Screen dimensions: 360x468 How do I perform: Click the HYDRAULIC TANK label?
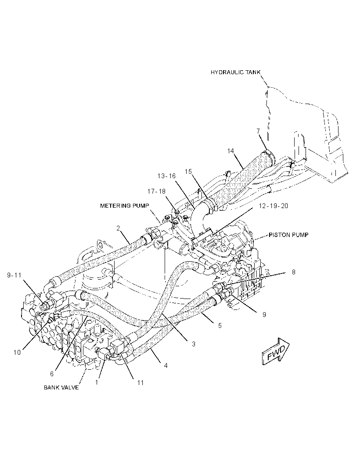[235, 72]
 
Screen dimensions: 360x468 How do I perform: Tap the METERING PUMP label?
[125, 205]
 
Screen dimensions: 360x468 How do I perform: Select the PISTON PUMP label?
[288, 235]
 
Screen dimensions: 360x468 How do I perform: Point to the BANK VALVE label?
[61, 387]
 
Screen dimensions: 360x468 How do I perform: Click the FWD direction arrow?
[276, 351]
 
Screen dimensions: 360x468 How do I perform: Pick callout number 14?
[231, 151]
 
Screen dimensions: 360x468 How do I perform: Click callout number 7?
[258, 131]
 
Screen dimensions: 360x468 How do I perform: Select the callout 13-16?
[166, 176]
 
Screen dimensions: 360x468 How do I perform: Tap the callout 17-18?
[156, 191]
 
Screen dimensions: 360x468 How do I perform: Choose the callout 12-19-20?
[274, 205]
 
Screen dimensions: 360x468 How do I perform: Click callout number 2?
[118, 228]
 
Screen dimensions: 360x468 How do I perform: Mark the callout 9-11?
[14, 275]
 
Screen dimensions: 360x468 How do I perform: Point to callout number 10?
[17, 352]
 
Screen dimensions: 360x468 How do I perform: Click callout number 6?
[52, 374]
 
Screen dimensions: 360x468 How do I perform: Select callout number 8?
[294, 272]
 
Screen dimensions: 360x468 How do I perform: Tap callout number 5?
[220, 325]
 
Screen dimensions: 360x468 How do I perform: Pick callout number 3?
[194, 344]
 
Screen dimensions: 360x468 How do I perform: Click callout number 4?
[166, 365]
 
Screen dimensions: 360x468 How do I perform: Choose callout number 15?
[188, 171]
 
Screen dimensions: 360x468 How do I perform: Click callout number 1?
[97, 382]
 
